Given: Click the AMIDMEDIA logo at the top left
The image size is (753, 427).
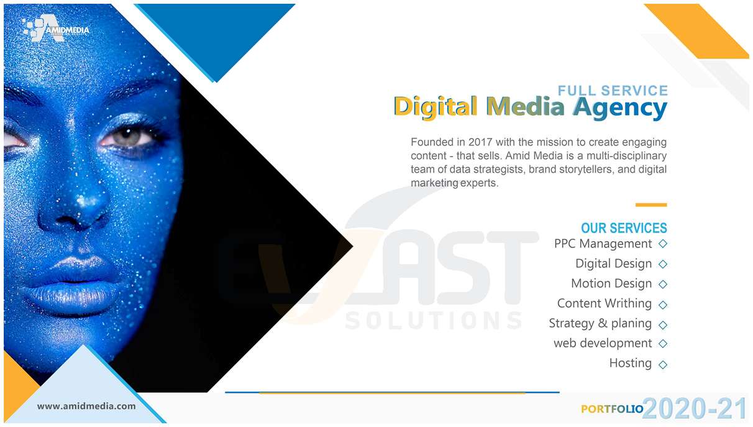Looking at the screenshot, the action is [55, 29].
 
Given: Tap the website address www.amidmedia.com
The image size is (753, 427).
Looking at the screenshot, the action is [86, 406].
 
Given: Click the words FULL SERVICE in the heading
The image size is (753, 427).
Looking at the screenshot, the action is [613, 91].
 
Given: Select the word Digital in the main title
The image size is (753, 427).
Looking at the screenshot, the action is [436, 107].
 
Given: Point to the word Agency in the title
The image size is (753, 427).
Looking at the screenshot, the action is [620, 108].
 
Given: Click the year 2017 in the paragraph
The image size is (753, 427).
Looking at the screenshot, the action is [480, 142].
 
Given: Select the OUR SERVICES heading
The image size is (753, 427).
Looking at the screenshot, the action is [624, 228].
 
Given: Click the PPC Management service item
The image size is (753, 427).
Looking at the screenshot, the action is [603, 244].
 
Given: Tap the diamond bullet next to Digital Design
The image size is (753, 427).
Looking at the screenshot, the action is [662, 264].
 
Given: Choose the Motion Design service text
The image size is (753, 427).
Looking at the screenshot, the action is [611, 283].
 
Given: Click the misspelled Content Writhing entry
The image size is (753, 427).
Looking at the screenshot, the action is [605, 303].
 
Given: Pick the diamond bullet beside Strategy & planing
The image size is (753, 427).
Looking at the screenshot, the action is [662, 325].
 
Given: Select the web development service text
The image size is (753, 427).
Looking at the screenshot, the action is [603, 343].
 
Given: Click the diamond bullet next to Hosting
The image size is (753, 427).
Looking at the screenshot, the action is [662, 365].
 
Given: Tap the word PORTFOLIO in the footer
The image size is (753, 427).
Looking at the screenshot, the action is [612, 409].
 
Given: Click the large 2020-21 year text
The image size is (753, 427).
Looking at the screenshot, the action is [695, 408].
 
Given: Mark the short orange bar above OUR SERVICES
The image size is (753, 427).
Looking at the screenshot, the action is [651, 204].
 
